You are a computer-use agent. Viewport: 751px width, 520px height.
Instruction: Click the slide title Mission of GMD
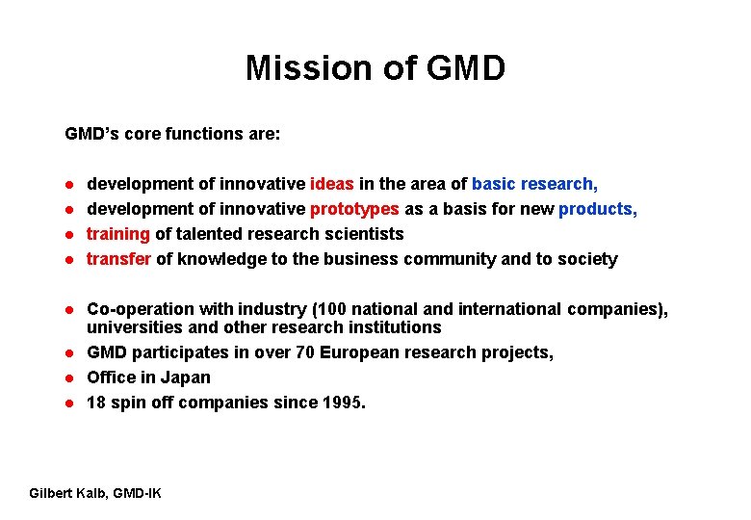(x=375, y=68)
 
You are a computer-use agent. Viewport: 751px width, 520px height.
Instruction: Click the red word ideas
(x=332, y=184)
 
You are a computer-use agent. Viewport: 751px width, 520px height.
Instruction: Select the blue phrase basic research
(x=533, y=184)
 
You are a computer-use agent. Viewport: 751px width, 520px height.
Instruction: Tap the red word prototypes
(x=354, y=209)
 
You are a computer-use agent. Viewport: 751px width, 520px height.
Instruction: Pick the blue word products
(x=597, y=209)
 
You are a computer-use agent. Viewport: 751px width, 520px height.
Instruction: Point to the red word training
(x=117, y=234)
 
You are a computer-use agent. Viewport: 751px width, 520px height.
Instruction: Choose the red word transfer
(x=118, y=259)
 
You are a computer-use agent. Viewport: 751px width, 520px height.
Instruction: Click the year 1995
(x=343, y=403)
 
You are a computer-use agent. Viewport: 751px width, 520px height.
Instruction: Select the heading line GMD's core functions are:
(x=172, y=134)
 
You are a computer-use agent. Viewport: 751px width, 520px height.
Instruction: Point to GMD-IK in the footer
(x=137, y=494)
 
